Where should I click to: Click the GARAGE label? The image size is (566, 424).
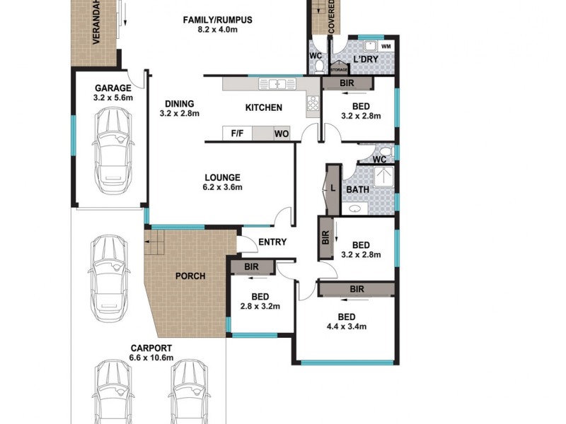click(113, 88)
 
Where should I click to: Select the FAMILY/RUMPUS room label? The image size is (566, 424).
click(217, 19)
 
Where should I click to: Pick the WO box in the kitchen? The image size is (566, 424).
click(281, 134)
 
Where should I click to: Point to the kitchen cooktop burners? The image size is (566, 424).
click(311, 107)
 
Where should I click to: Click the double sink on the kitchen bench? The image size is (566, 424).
click(277, 84)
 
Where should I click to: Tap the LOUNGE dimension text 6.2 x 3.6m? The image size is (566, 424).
click(222, 188)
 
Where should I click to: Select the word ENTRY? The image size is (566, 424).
click(272, 242)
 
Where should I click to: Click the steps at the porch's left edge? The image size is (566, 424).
click(154, 247)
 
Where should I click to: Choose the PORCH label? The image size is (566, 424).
click(190, 276)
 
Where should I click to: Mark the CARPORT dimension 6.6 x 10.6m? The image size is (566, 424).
click(151, 358)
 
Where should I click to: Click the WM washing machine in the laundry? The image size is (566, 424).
click(385, 46)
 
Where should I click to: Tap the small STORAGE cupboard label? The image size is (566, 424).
click(338, 70)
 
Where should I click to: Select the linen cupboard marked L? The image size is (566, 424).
click(333, 188)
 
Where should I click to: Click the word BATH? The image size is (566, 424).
click(357, 190)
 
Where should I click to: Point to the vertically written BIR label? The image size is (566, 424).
click(325, 237)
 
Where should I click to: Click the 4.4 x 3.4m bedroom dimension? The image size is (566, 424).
click(346, 326)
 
